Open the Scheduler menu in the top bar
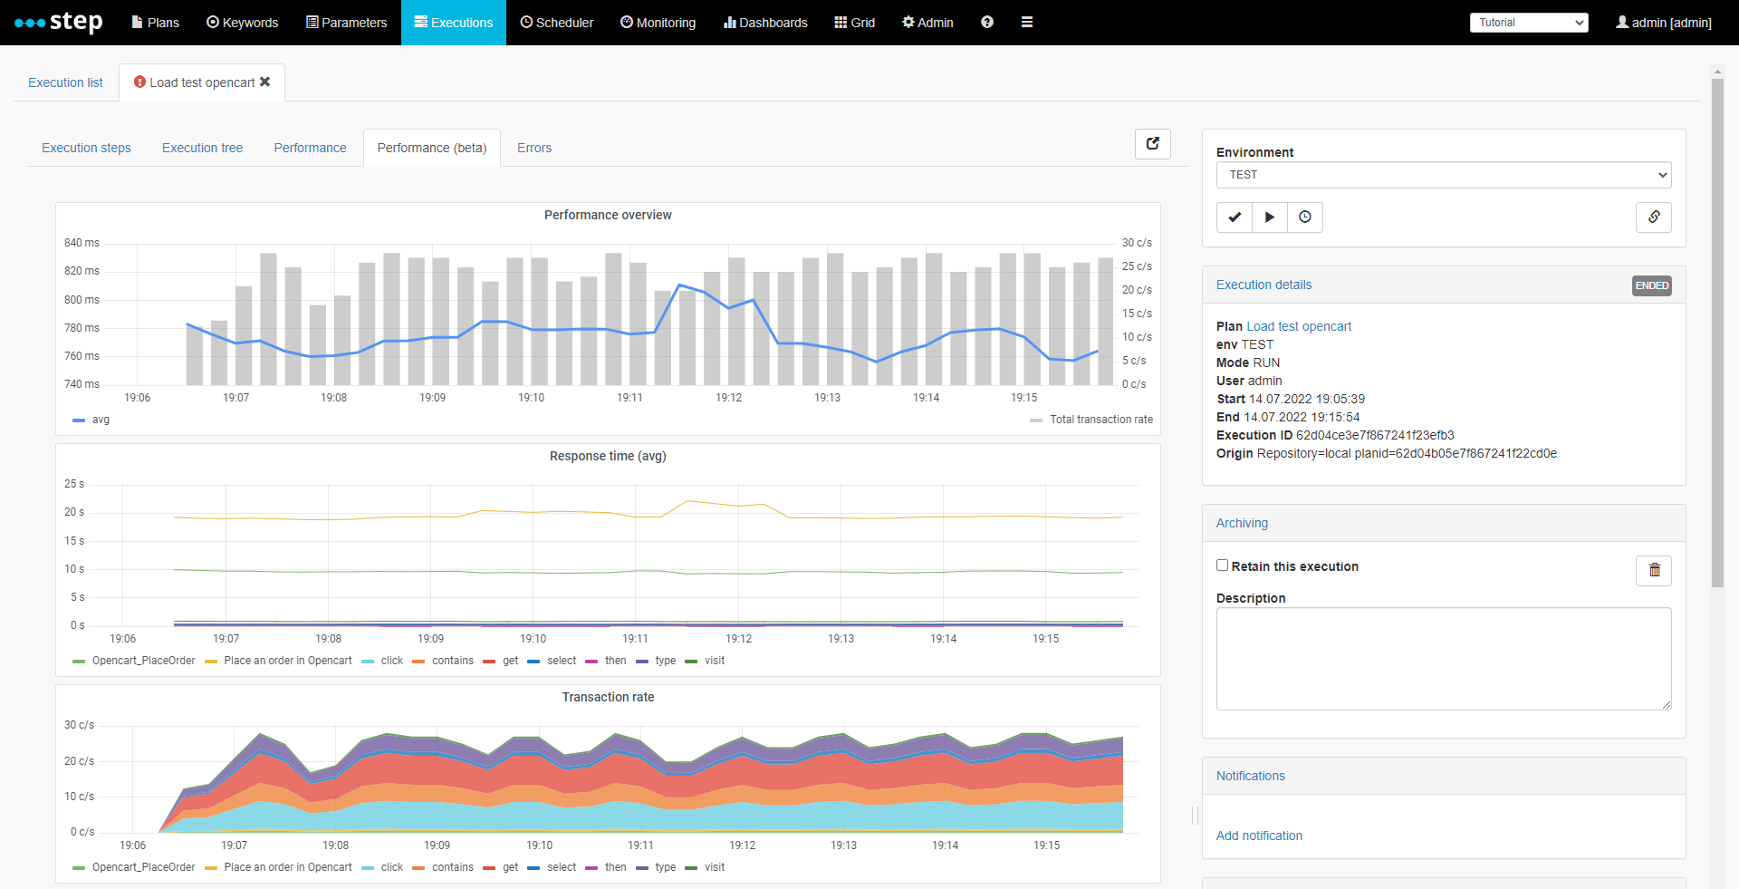pyautogui.click(x=556, y=23)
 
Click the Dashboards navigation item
pyautogui.click(x=765, y=23)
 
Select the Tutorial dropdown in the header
pyautogui.click(x=1528, y=23)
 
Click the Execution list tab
pyautogui.click(x=65, y=82)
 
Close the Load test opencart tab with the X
pyautogui.click(x=265, y=82)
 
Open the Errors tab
pyautogui.click(x=533, y=148)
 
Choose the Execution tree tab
pyautogui.click(x=202, y=148)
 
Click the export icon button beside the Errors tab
pyautogui.click(x=1152, y=144)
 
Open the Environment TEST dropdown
pyautogui.click(x=1443, y=175)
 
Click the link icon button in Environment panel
pyautogui.click(x=1653, y=217)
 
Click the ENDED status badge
pyautogui.click(x=1651, y=285)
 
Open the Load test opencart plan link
pyautogui.click(x=1298, y=326)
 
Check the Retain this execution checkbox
pyautogui.click(x=1222, y=565)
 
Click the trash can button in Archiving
pyautogui.click(x=1653, y=570)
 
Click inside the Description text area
pyautogui.click(x=1443, y=658)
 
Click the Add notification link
pyautogui.click(x=1258, y=836)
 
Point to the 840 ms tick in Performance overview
pyautogui.click(x=82, y=243)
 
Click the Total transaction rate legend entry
pyautogui.click(x=1100, y=420)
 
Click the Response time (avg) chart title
pyautogui.click(x=608, y=456)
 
